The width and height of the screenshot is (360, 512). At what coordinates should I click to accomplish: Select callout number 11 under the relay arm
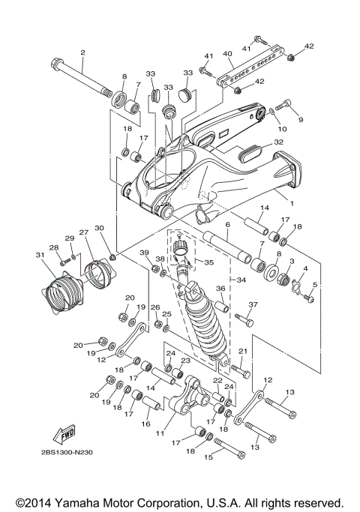[x=159, y=433]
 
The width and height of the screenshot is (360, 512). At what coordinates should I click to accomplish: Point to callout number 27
[x=83, y=232]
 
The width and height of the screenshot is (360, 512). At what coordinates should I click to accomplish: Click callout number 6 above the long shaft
[x=226, y=225]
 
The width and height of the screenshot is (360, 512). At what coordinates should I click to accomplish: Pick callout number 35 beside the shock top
[x=208, y=263]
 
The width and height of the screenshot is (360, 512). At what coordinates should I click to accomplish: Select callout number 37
[x=253, y=305]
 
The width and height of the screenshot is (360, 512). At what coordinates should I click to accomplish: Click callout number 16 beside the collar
[x=144, y=424]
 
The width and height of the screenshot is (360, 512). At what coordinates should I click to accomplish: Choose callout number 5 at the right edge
[x=315, y=285]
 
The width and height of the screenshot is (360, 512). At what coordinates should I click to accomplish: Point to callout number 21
[x=242, y=351]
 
